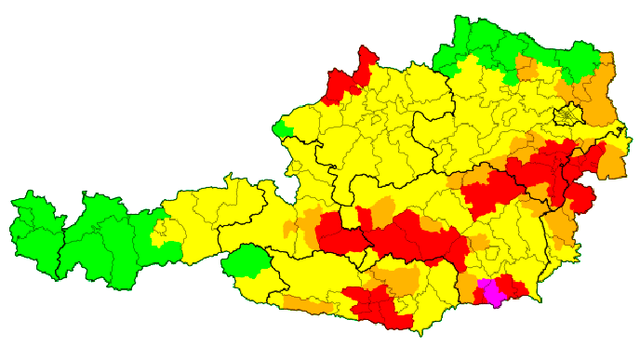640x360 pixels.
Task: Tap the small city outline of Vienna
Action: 567,116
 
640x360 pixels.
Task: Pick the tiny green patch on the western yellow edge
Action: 283,127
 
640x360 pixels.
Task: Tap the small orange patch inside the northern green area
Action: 527,68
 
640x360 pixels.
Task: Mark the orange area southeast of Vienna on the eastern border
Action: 612,163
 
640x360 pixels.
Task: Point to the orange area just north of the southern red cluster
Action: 400,279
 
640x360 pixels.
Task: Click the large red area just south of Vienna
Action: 549,167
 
